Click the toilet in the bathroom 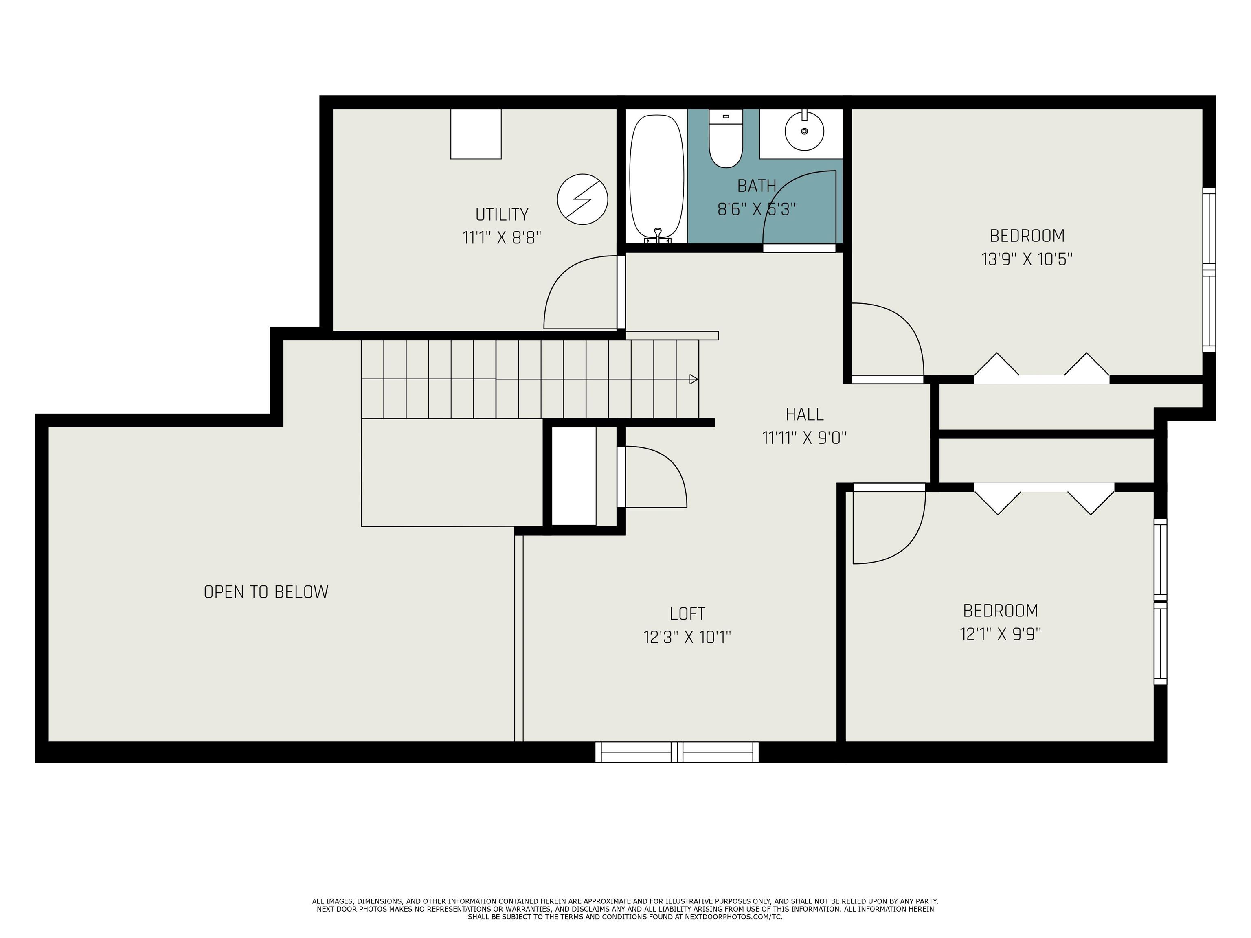(726, 140)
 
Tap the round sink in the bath (804, 131)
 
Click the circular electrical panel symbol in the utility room (582, 199)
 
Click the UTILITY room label (502, 215)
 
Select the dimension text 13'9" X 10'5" (1027, 259)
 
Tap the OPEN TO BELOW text (266, 592)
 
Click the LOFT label (687, 614)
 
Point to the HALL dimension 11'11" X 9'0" (804, 438)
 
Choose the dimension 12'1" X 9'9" (1000, 634)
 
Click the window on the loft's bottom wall (677, 752)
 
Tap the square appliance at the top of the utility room (476, 134)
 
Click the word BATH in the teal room (756, 186)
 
